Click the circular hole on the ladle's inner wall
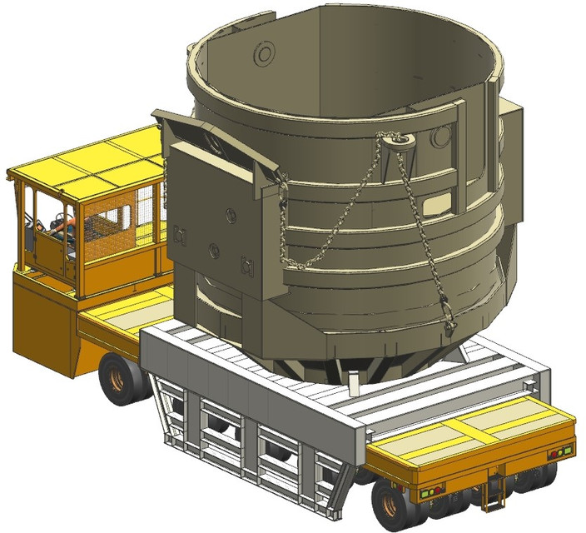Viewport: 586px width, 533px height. (x=265, y=56)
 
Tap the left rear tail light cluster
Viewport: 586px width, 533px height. (x=427, y=492)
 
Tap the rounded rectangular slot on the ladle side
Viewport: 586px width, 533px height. (x=435, y=202)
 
